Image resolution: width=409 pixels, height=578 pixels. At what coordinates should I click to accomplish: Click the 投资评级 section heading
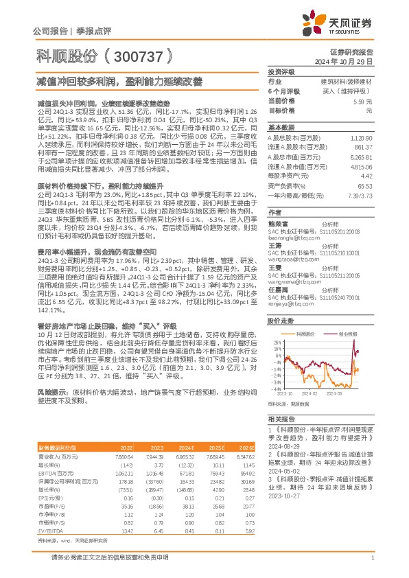tap(281, 71)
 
